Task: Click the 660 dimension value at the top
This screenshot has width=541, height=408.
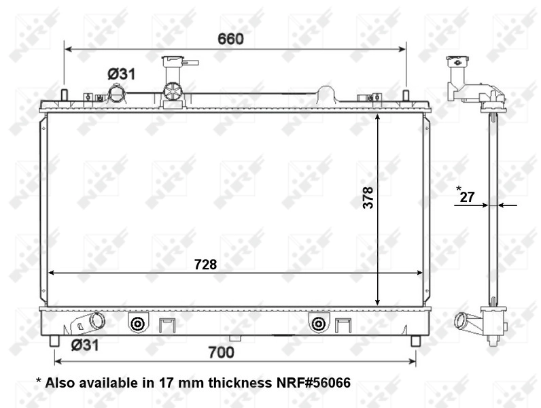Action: tap(230, 39)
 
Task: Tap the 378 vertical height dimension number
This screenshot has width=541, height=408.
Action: tap(368, 199)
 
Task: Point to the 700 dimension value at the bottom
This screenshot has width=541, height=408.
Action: tap(221, 352)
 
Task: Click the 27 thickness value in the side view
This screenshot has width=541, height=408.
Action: tap(466, 197)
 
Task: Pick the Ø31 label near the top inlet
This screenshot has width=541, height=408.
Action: tap(120, 73)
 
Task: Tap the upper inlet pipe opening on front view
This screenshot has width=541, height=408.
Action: tap(118, 92)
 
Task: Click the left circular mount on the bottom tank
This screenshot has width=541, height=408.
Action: tap(137, 324)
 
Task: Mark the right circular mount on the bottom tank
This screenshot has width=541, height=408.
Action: tap(317, 324)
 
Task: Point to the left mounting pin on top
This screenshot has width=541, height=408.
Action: tap(64, 95)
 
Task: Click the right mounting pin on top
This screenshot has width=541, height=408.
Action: tap(406, 95)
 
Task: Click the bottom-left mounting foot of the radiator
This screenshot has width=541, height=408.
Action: tap(54, 339)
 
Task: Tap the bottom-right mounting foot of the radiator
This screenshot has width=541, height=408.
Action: tap(415, 339)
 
